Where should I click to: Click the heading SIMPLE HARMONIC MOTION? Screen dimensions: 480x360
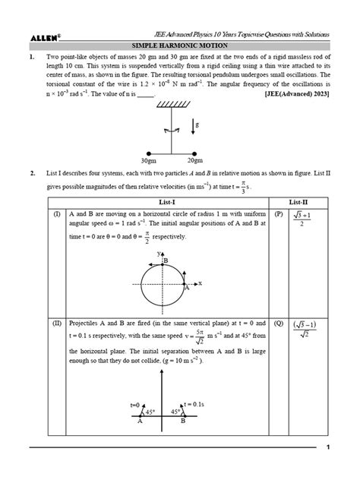click(x=179, y=46)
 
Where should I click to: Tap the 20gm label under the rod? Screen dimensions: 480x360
click(x=194, y=160)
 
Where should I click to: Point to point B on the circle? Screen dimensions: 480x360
click(x=166, y=261)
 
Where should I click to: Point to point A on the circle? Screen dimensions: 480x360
click(x=187, y=288)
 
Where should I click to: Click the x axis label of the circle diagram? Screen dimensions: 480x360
click(x=200, y=283)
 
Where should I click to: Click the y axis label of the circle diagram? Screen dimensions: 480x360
click(x=159, y=253)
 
